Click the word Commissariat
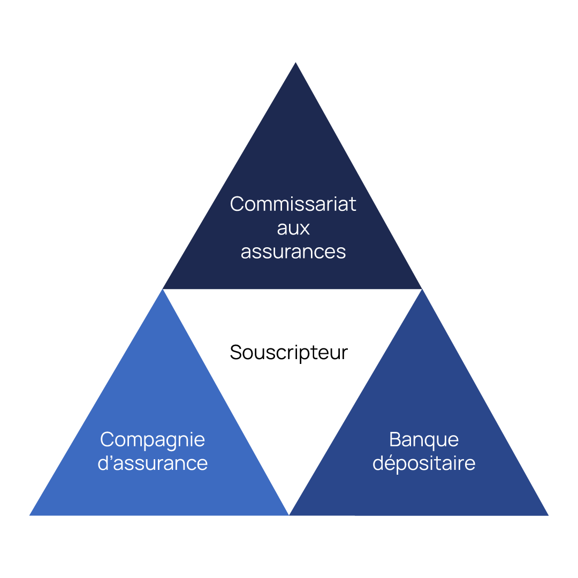point(293,204)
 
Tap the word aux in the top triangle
point(293,228)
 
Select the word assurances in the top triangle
point(293,252)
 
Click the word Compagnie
point(153,440)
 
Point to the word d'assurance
point(153,463)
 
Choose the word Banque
point(424,439)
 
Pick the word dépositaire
point(424,463)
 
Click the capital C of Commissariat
point(237,204)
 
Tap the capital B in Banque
point(395,439)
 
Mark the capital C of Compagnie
point(107,439)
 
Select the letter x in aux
point(305,229)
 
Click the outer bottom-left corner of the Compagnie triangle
point(31,515)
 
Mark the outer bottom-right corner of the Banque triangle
point(547,515)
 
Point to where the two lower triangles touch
point(289,514)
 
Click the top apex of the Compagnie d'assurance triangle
point(163,290)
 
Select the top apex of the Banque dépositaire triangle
point(422,290)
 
